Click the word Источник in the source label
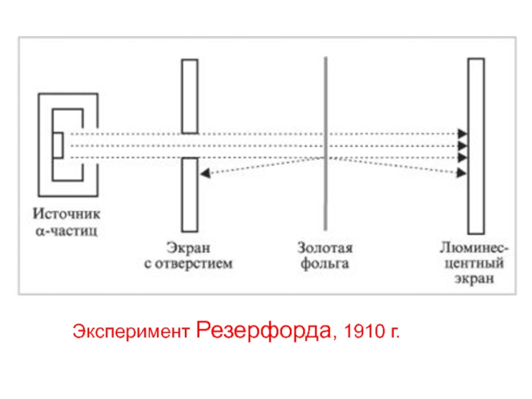(66, 215)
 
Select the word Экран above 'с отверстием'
(189, 248)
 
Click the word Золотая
(325, 248)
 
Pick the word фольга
(325, 264)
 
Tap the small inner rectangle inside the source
(59, 146)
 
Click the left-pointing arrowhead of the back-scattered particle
(205, 173)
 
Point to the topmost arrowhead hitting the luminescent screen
(463, 134)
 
